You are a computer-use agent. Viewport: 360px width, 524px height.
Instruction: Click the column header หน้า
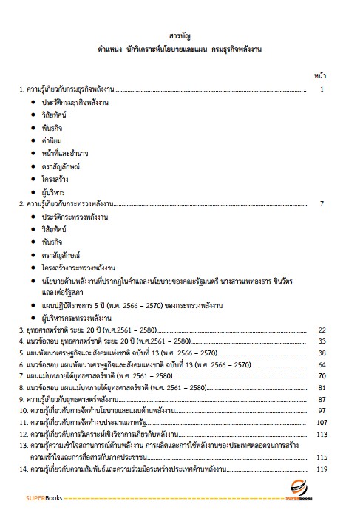pos(321,75)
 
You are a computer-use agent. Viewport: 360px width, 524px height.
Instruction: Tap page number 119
pos(321,469)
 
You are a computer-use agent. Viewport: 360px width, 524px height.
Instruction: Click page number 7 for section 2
pos(322,203)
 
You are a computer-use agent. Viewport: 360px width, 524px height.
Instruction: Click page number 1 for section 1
pos(322,89)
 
